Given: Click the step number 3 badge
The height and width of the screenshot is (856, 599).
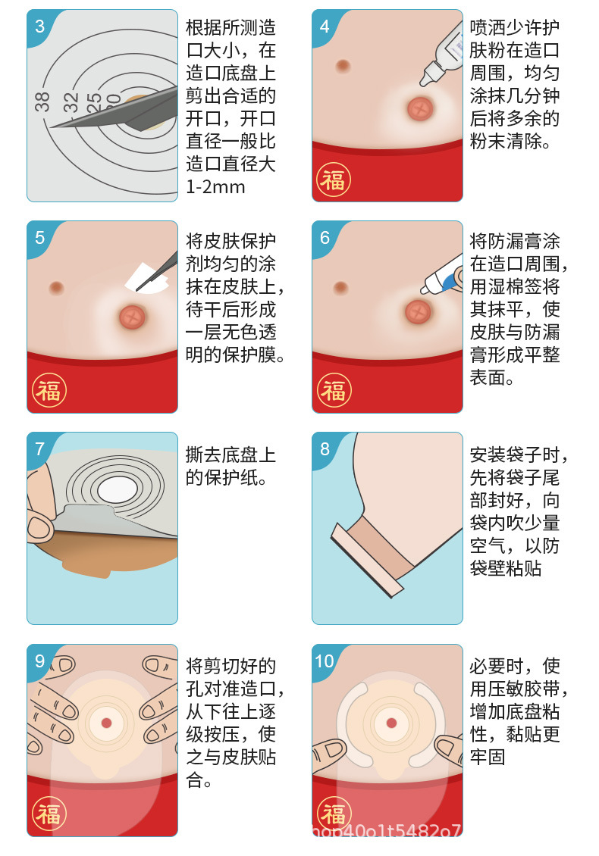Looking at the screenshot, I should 39,27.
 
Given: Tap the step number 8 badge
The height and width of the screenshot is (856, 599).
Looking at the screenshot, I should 325,449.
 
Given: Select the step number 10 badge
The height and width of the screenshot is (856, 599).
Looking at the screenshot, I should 325,661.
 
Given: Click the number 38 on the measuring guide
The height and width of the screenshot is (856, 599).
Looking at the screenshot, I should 42,102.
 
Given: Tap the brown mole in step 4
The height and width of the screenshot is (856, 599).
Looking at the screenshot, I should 343,67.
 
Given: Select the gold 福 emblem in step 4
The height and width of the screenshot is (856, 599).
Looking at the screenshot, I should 333,180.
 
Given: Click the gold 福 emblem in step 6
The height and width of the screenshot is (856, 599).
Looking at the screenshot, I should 333,391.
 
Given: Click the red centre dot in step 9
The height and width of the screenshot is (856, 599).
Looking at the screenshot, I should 106,723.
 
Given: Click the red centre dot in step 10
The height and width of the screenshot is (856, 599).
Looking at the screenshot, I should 391,723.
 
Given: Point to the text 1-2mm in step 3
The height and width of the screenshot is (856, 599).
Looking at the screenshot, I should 215,187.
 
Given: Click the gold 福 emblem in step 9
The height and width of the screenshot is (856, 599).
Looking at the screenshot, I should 49,814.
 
